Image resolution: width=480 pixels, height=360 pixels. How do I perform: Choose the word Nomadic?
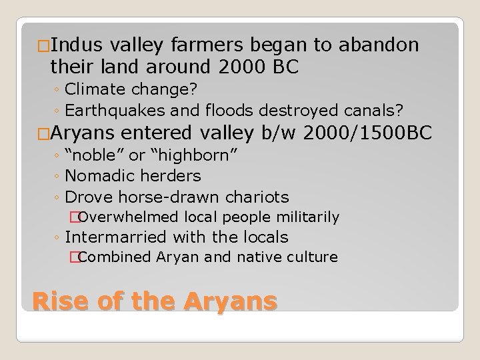(97, 177)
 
